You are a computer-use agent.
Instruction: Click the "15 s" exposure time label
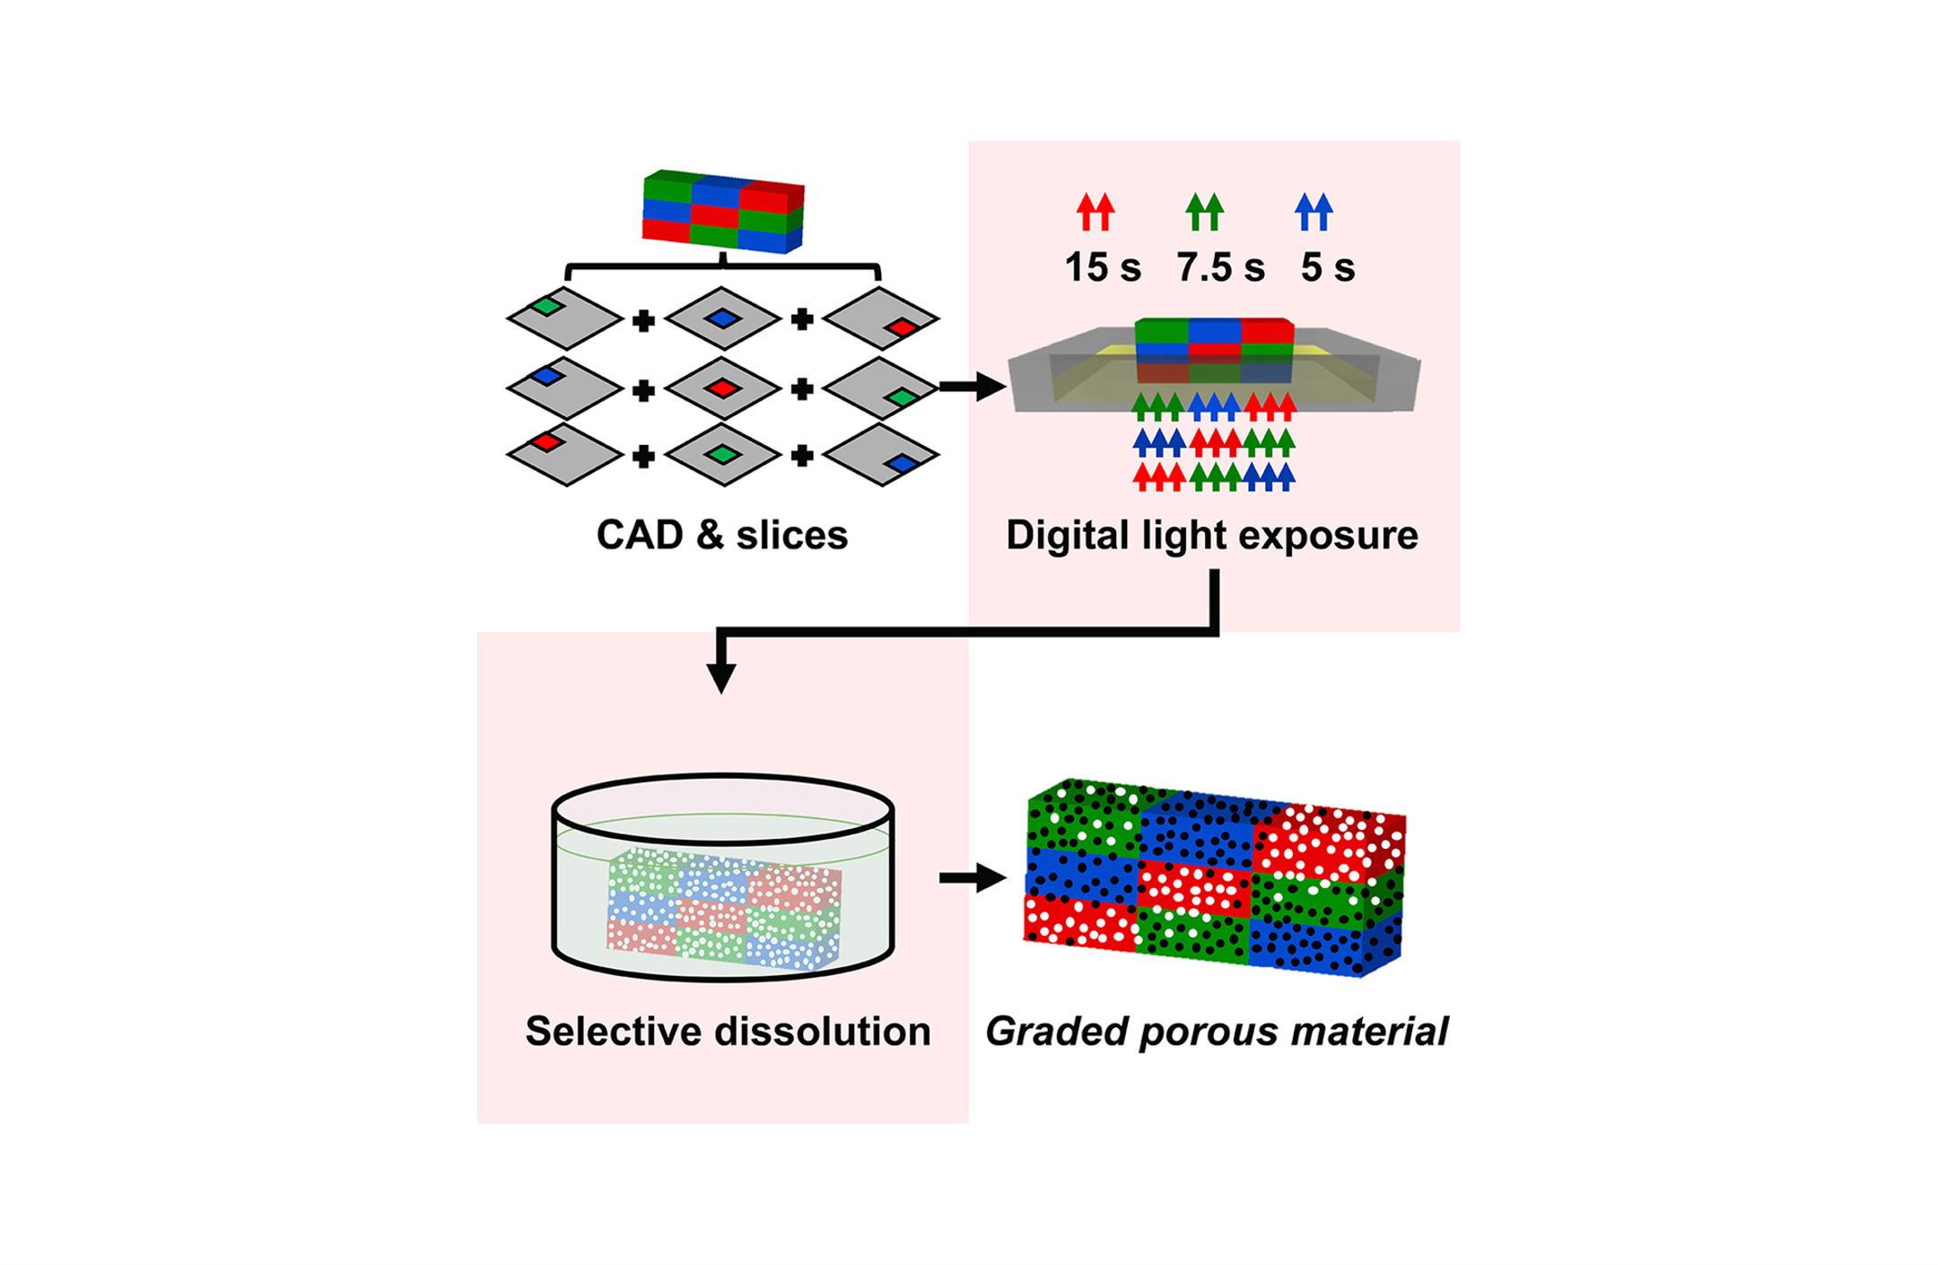point(1102,267)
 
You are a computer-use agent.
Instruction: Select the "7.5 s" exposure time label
point(1220,267)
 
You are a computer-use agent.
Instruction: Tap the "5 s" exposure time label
point(1327,267)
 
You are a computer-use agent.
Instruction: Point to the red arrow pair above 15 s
point(1096,212)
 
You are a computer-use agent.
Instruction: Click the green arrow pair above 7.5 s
point(1204,212)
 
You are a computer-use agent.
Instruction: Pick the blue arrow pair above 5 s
point(1314,212)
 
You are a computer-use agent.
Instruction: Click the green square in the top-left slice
point(546,307)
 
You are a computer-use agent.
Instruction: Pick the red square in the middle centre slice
point(722,388)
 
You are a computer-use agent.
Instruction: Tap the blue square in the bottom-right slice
point(902,464)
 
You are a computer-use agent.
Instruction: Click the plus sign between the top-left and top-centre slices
point(643,320)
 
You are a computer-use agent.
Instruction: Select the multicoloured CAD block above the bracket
point(723,212)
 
